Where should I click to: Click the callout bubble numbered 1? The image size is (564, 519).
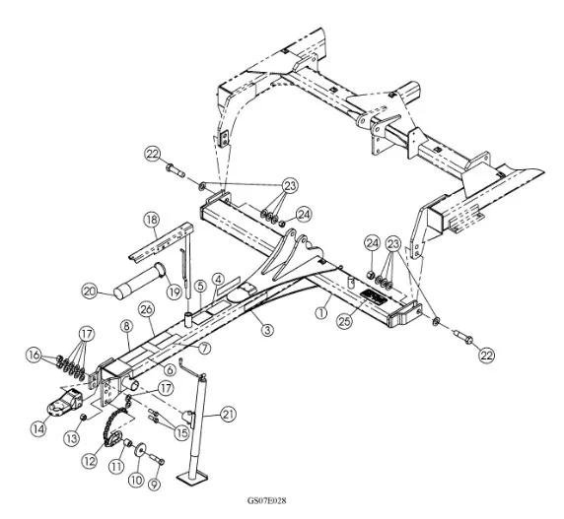pos(321,312)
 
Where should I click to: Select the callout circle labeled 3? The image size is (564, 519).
pos(267,329)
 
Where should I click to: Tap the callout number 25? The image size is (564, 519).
pos(344,321)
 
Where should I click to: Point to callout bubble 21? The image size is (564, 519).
pos(228,415)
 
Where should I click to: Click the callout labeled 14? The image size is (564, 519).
pos(38,428)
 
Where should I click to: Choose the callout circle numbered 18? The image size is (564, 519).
pos(152,220)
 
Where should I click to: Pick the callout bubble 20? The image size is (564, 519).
pos(90,291)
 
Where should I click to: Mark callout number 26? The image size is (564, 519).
pos(147,310)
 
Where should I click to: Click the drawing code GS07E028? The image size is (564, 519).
pos(266,500)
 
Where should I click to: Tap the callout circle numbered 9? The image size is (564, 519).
pos(154,485)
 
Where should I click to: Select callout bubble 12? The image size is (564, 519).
pos(89,461)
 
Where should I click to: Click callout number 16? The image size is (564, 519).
pos(34,356)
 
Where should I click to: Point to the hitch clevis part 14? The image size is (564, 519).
pos(65,403)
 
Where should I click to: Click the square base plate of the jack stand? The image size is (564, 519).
pos(193,478)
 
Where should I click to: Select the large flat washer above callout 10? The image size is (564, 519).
pos(139,450)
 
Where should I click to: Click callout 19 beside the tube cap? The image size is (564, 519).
pos(175,292)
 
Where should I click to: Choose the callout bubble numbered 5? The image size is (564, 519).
pos(200,287)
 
